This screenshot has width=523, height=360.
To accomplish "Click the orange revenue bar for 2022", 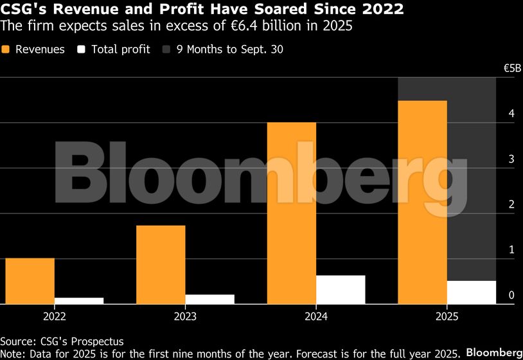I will pyautogui.click(x=30, y=281).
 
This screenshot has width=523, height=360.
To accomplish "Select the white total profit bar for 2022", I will pyautogui.click(x=79, y=300).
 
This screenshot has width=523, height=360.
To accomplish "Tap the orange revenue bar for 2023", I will pyautogui.click(x=161, y=264).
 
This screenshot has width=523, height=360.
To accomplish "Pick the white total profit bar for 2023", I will pyautogui.click(x=209, y=299).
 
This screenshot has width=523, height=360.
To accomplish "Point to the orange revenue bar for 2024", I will pyautogui.click(x=292, y=213).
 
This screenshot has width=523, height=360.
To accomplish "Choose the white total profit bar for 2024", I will pyautogui.click(x=341, y=289).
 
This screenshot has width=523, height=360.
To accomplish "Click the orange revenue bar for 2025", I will pyautogui.click(x=423, y=202).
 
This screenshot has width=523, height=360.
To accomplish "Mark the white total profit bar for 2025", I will pyautogui.click(x=472, y=292).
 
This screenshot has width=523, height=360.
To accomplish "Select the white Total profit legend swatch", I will pyautogui.click(x=81, y=50).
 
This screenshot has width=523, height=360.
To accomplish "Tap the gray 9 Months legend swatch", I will pyautogui.click(x=167, y=50).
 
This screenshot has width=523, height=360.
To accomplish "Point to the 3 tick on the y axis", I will pyautogui.click(x=511, y=159).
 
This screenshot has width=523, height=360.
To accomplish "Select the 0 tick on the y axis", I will pyautogui.click(x=511, y=295).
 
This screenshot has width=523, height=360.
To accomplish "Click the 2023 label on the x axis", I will pyautogui.click(x=185, y=317).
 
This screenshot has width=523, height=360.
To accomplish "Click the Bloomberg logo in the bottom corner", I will pyautogui.click(x=493, y=353).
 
